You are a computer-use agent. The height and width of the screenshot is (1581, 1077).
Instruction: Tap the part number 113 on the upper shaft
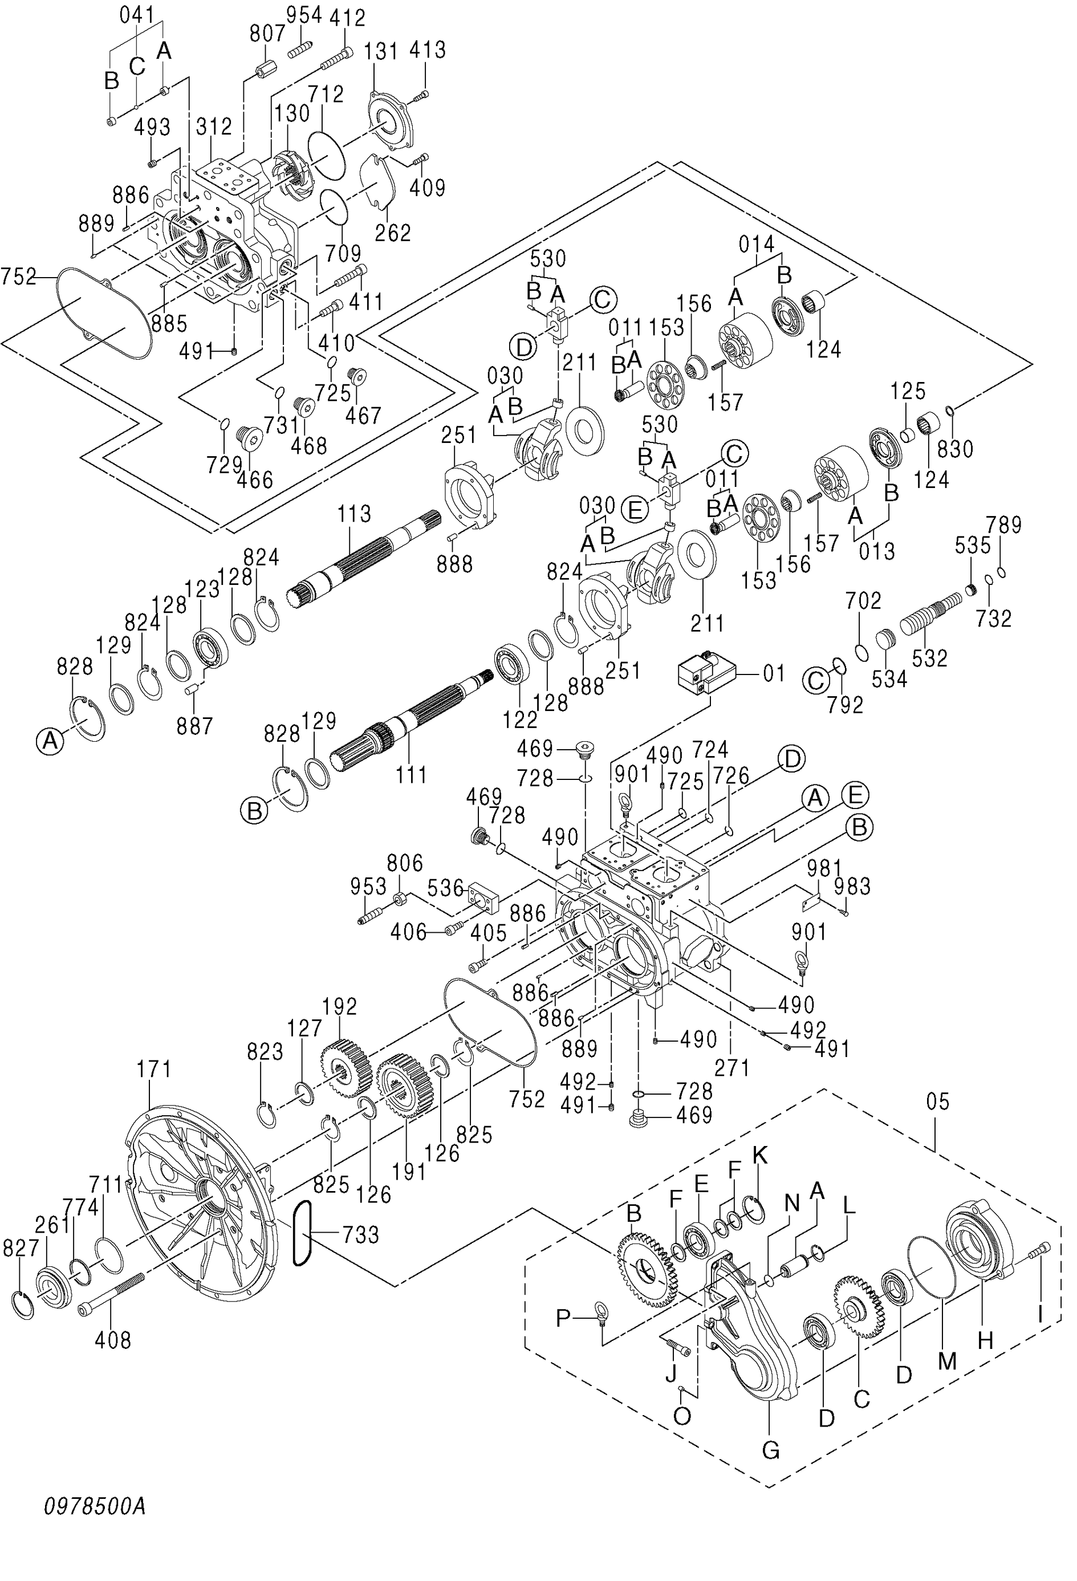pos(354,514)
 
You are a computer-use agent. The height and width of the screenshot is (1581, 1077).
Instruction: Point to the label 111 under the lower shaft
pos(412,774)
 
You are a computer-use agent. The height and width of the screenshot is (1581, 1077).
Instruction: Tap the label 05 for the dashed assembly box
pos(937,1102)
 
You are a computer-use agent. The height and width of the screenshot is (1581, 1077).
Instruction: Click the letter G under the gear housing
pos(770,1450)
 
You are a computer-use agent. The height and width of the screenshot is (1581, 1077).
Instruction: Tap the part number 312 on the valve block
pos(214,126)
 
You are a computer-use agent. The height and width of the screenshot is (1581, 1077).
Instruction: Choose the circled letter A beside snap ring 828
pos(50,740)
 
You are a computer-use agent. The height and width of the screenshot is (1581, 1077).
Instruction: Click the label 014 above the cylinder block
pos(756,243)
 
